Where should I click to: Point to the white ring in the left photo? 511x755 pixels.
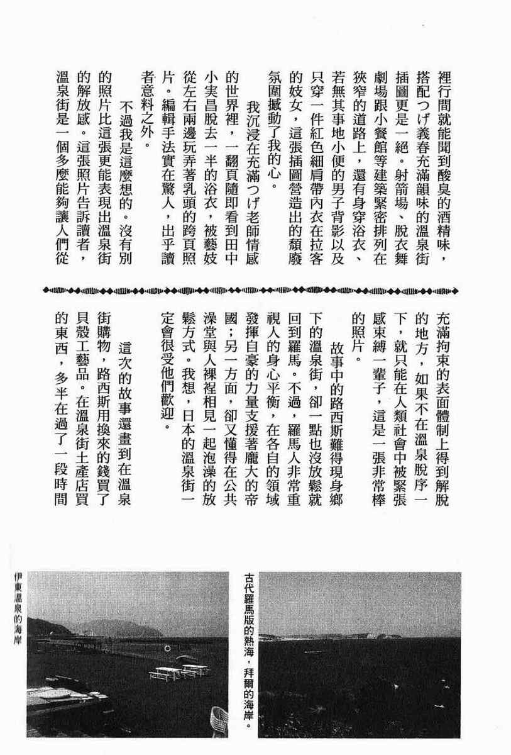pyautogui.click(x=166, y=648)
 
